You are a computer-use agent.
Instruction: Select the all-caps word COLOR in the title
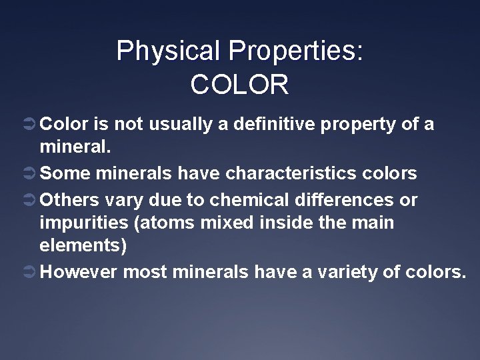[239, 85]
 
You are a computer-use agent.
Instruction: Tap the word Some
[65, 174]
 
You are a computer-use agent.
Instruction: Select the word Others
[71, 199]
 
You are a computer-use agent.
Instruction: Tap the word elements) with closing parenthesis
[83, 245]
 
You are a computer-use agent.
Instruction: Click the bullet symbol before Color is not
[29, 125]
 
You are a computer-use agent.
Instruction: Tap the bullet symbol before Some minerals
[29, 174]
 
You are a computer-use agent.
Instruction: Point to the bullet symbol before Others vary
[29, 199]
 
